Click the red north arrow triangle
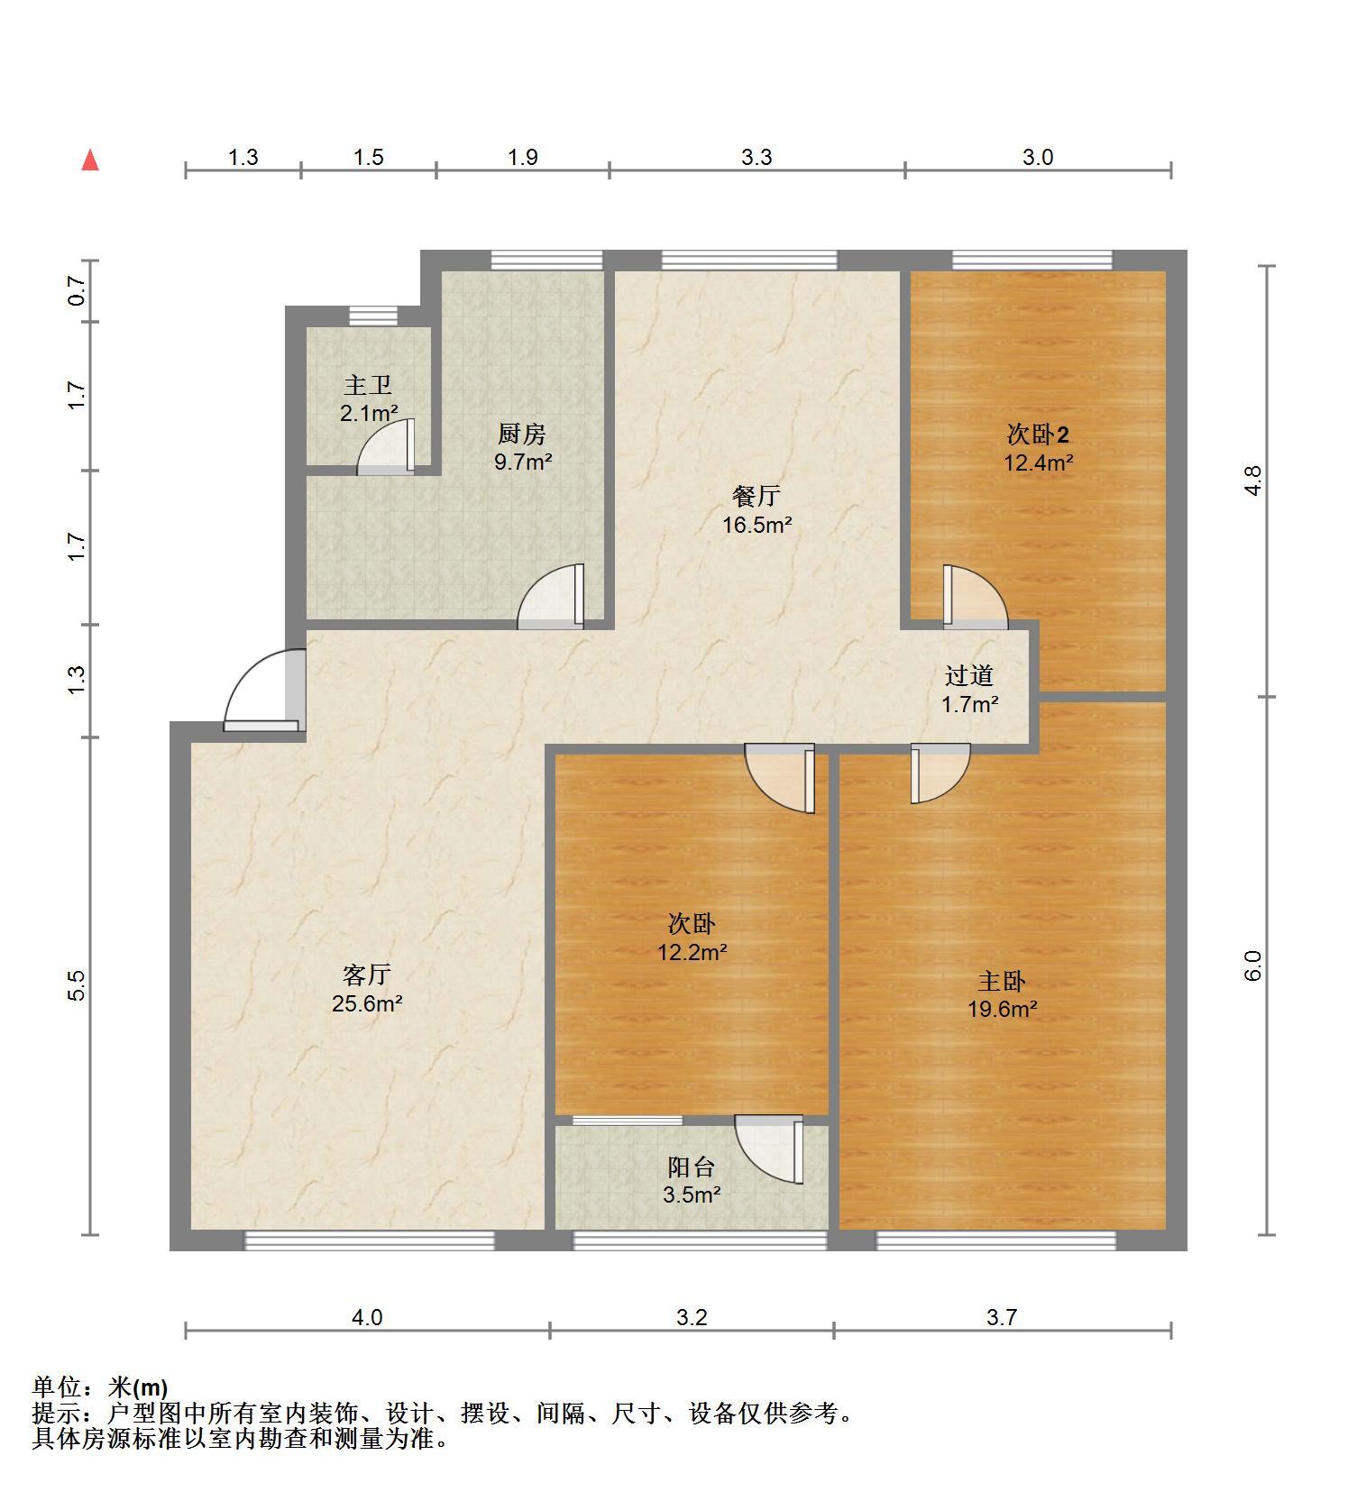click(x=90, y=160)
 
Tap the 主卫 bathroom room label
click(x=368, y=385)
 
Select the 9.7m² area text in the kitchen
click(x=523, y=462)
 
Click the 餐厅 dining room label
click(x=756, y=496)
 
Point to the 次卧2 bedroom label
click(x=1038, y=435)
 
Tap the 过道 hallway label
click(x=969, y=675)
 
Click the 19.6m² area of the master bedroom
click(x=1003, y=1009)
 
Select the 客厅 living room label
click(x=367, y=975)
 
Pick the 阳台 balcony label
click(x=692, y=1167)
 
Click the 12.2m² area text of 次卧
click(x=692, y=952)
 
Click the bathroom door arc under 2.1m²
click(x=386, y=446)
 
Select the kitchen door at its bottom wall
click(x=550, y=596)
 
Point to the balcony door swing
click(x=768, y=1149)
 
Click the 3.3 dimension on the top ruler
click(x=757, y=157)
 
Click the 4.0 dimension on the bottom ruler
click(x=367, y=1317)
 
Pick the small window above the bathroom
click(x=373, y=316)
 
